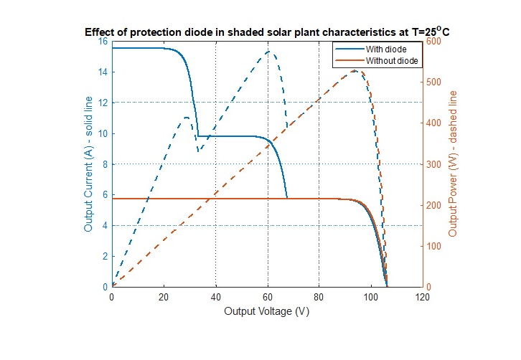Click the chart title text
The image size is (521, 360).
[267, 32]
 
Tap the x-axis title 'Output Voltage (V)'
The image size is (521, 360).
[267, 312]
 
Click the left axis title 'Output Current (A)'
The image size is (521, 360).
[89, 164]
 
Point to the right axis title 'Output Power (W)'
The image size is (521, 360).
[453, 164]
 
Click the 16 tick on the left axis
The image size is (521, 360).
[102, 42]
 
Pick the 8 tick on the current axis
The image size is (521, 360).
[105, 164]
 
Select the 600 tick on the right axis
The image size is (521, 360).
[435, 42]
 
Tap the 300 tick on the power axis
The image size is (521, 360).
[435, 164]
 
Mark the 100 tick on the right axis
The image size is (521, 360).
[435, 246]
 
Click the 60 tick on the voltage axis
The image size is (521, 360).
[267, 296]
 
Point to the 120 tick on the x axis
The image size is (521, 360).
[423, 296]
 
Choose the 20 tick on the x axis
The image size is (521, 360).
[164, 296]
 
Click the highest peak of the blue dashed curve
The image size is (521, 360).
[270, 52]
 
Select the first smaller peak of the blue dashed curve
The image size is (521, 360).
[186, 117]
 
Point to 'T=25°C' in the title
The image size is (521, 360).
[428, 32]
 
